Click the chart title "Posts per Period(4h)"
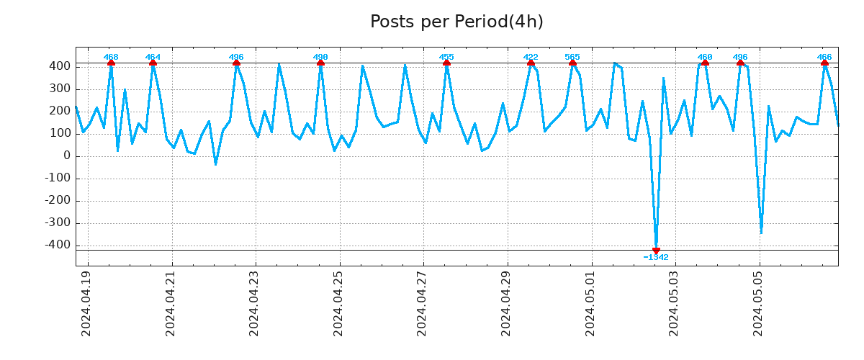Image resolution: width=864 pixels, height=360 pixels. pyautogui.click(x=456, y=22)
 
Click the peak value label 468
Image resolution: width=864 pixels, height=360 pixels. pyautogui.click(x=111, y=57)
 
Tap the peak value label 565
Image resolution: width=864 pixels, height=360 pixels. pyautogui.click(x=572, y=57)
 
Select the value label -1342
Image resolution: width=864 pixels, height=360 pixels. pyautogui.click(x=656, y=258)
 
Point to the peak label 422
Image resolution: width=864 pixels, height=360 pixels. pyautogui.click(x=531, y=57)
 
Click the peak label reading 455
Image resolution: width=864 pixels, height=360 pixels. pyautogui.click(x=446, y=57)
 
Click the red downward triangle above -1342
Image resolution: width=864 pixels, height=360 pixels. pyautogui.click(x=656, y=251)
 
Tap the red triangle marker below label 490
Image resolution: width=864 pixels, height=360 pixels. pyautogui.click(x=320, y=63)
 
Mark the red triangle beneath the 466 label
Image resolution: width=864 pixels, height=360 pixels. pyautogui.click(x=824, y=63)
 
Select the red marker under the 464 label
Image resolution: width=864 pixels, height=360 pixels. pyautogui.click(x=153, y=63)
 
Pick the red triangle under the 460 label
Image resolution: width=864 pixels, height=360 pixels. pyautogui.click(x=705, y=63)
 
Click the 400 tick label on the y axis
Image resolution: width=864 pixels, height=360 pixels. pyautogui.click(x=60, y=66)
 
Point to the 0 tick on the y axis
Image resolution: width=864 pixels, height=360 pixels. pyautogui.click(x=66, y=156)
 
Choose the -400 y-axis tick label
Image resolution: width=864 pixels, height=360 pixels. pyautogui.click(x=58, y=245)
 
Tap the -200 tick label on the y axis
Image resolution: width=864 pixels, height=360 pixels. pyautogui.click(x=58, y=200)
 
